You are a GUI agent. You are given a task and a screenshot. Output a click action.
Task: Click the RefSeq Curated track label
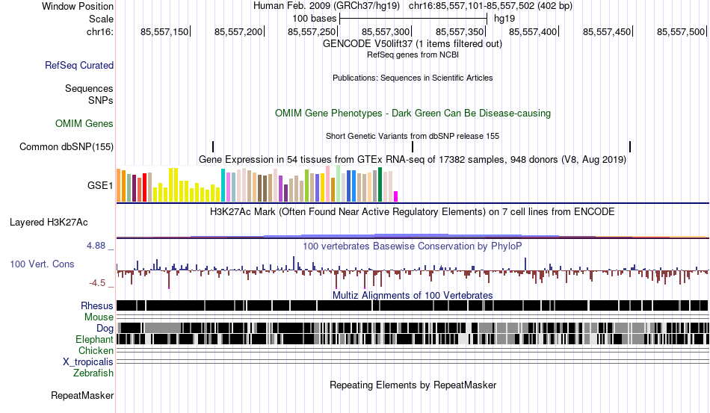click(79, 65)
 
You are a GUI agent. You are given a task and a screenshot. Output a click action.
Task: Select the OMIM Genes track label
click(84, 123)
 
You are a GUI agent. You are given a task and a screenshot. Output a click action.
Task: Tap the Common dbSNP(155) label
click(67, 146)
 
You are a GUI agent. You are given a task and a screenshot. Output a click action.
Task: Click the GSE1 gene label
click(100, 185)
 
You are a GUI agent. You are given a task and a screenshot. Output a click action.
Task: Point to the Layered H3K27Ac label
click(49, 222)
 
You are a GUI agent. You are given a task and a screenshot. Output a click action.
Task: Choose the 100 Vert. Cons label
click(42, 264)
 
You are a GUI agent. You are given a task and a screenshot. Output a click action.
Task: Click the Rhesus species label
click(97, 305)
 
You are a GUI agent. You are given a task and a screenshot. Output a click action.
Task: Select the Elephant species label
click(95, 339)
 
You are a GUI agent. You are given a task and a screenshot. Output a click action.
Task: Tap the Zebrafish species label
click(93, 373)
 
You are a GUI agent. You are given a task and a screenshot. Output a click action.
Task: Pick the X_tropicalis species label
click(88, 362)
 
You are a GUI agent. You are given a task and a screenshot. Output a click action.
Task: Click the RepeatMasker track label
click(82, 395)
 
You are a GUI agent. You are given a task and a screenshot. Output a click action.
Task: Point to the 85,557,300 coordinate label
click(386, 31)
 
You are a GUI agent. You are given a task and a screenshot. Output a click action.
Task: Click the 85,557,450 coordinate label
click(607, 31)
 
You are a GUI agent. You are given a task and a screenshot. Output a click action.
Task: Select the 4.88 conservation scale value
click(96, 246)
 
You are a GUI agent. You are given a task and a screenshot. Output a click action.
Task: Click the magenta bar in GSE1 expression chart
click(396, 196)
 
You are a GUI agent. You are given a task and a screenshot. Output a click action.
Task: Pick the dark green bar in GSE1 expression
click(380, 184)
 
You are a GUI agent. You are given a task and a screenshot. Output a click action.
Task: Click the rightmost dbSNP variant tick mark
click(630, 146)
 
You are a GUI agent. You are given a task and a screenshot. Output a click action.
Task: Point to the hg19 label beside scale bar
click(504, 19)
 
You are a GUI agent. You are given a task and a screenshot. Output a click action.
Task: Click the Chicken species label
click(96, 350)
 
